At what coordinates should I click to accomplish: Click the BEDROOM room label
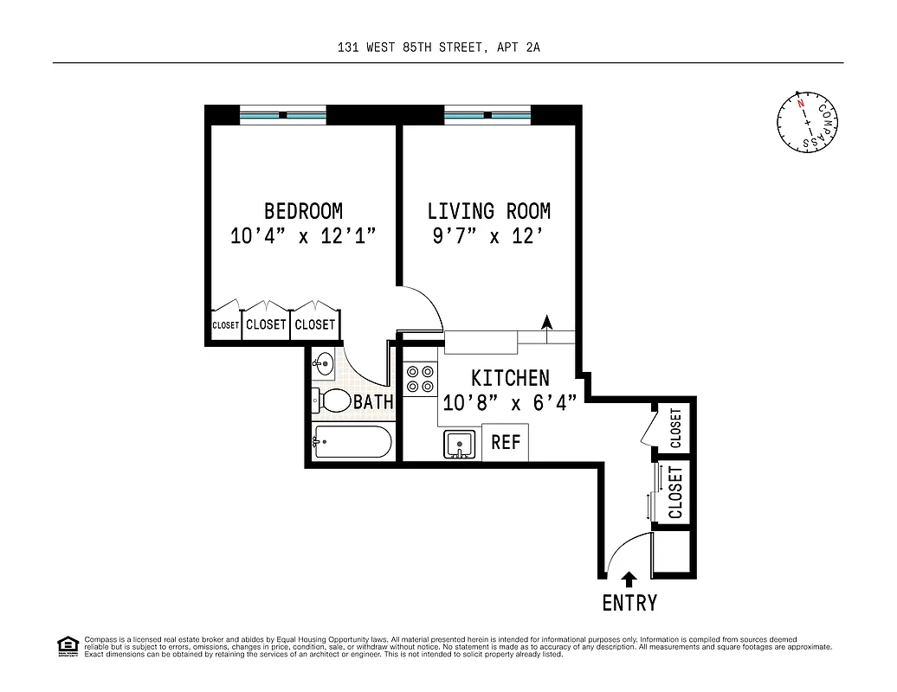(x=303, y=211)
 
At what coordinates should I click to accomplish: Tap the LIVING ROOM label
(x=488, y=211)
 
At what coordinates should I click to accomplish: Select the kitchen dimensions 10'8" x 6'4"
(x=510, y=403)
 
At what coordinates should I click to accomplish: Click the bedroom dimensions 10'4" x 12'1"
(x=303, y=236)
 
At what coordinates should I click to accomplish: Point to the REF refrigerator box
(x=505, y=442)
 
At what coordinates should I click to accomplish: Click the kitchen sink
(x=459, y=445)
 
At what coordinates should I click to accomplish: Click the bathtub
(x=352, y=442)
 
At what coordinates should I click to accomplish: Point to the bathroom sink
(x=323, y=362)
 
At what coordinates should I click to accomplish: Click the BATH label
(x=373, y=402)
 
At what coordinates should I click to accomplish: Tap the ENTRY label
(x=629, y=603)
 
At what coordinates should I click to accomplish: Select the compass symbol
(x=807, y=120)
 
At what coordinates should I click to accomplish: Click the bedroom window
(x=283, y=115)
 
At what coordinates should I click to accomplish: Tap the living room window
(x=487, y=115)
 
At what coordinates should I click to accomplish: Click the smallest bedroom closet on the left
(x=225, y=325)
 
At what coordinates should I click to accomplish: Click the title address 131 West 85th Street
(x=439, y=49)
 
